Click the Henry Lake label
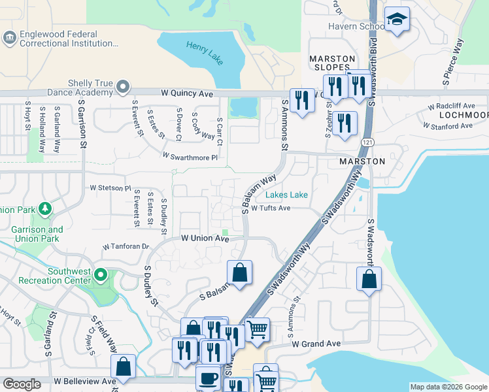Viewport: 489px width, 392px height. coord(205,54)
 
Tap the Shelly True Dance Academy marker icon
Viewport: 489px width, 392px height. coord(123,87)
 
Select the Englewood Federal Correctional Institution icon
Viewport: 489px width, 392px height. coord(10,39)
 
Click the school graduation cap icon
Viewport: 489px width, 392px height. coord(396,20)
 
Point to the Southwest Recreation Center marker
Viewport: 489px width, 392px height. coord(101,274)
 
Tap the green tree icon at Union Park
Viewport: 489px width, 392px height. coord(44,209)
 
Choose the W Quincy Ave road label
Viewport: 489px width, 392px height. coord(188,94)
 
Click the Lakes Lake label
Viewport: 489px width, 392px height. coord(286,195)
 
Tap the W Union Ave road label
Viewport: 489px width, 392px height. coord(205,238)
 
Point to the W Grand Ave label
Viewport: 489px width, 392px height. coord(316,344)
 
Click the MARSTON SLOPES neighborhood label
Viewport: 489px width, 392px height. coord(332,63)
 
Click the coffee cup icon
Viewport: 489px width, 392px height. coord(208,378)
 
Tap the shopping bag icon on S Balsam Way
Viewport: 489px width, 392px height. coord(240,273)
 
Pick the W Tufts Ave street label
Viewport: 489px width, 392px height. coord(271,208)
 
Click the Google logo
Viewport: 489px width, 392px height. coord(22,384)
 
